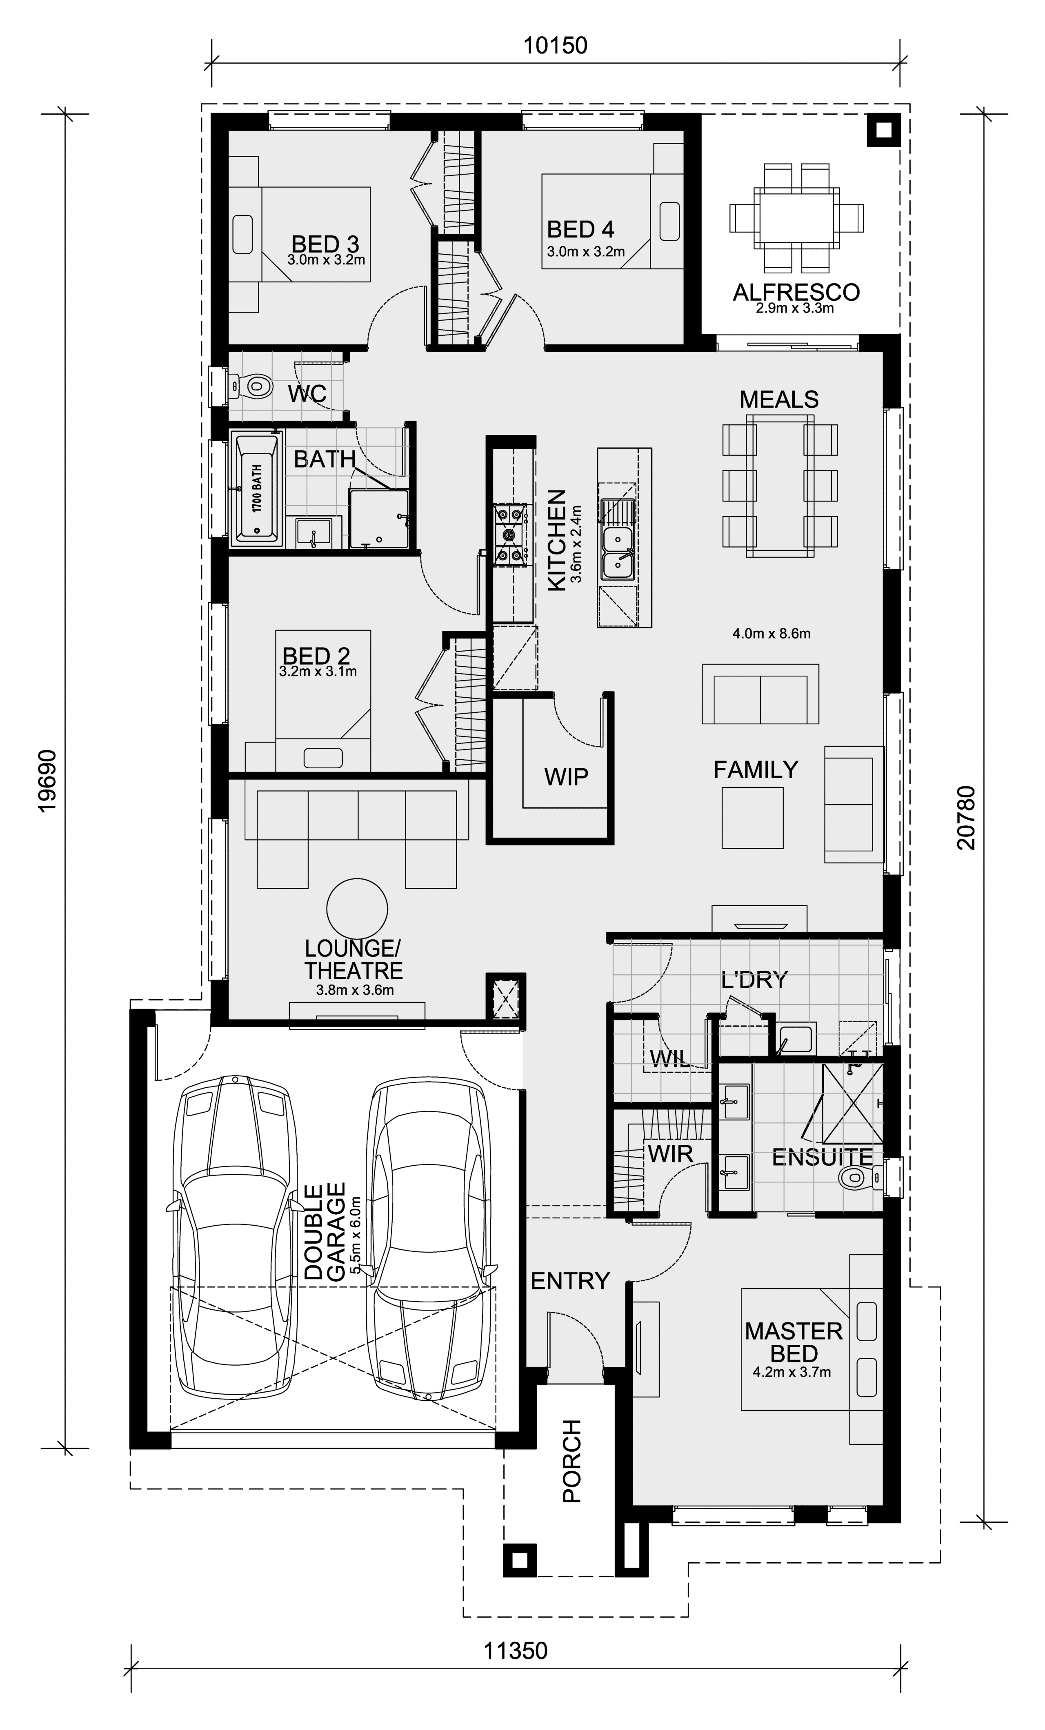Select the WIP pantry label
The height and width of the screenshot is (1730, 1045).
[566, 776]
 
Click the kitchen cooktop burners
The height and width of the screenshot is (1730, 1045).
[509, 535]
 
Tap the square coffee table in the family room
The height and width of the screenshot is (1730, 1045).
[752, 817]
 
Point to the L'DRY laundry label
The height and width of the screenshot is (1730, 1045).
[755, 979]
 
